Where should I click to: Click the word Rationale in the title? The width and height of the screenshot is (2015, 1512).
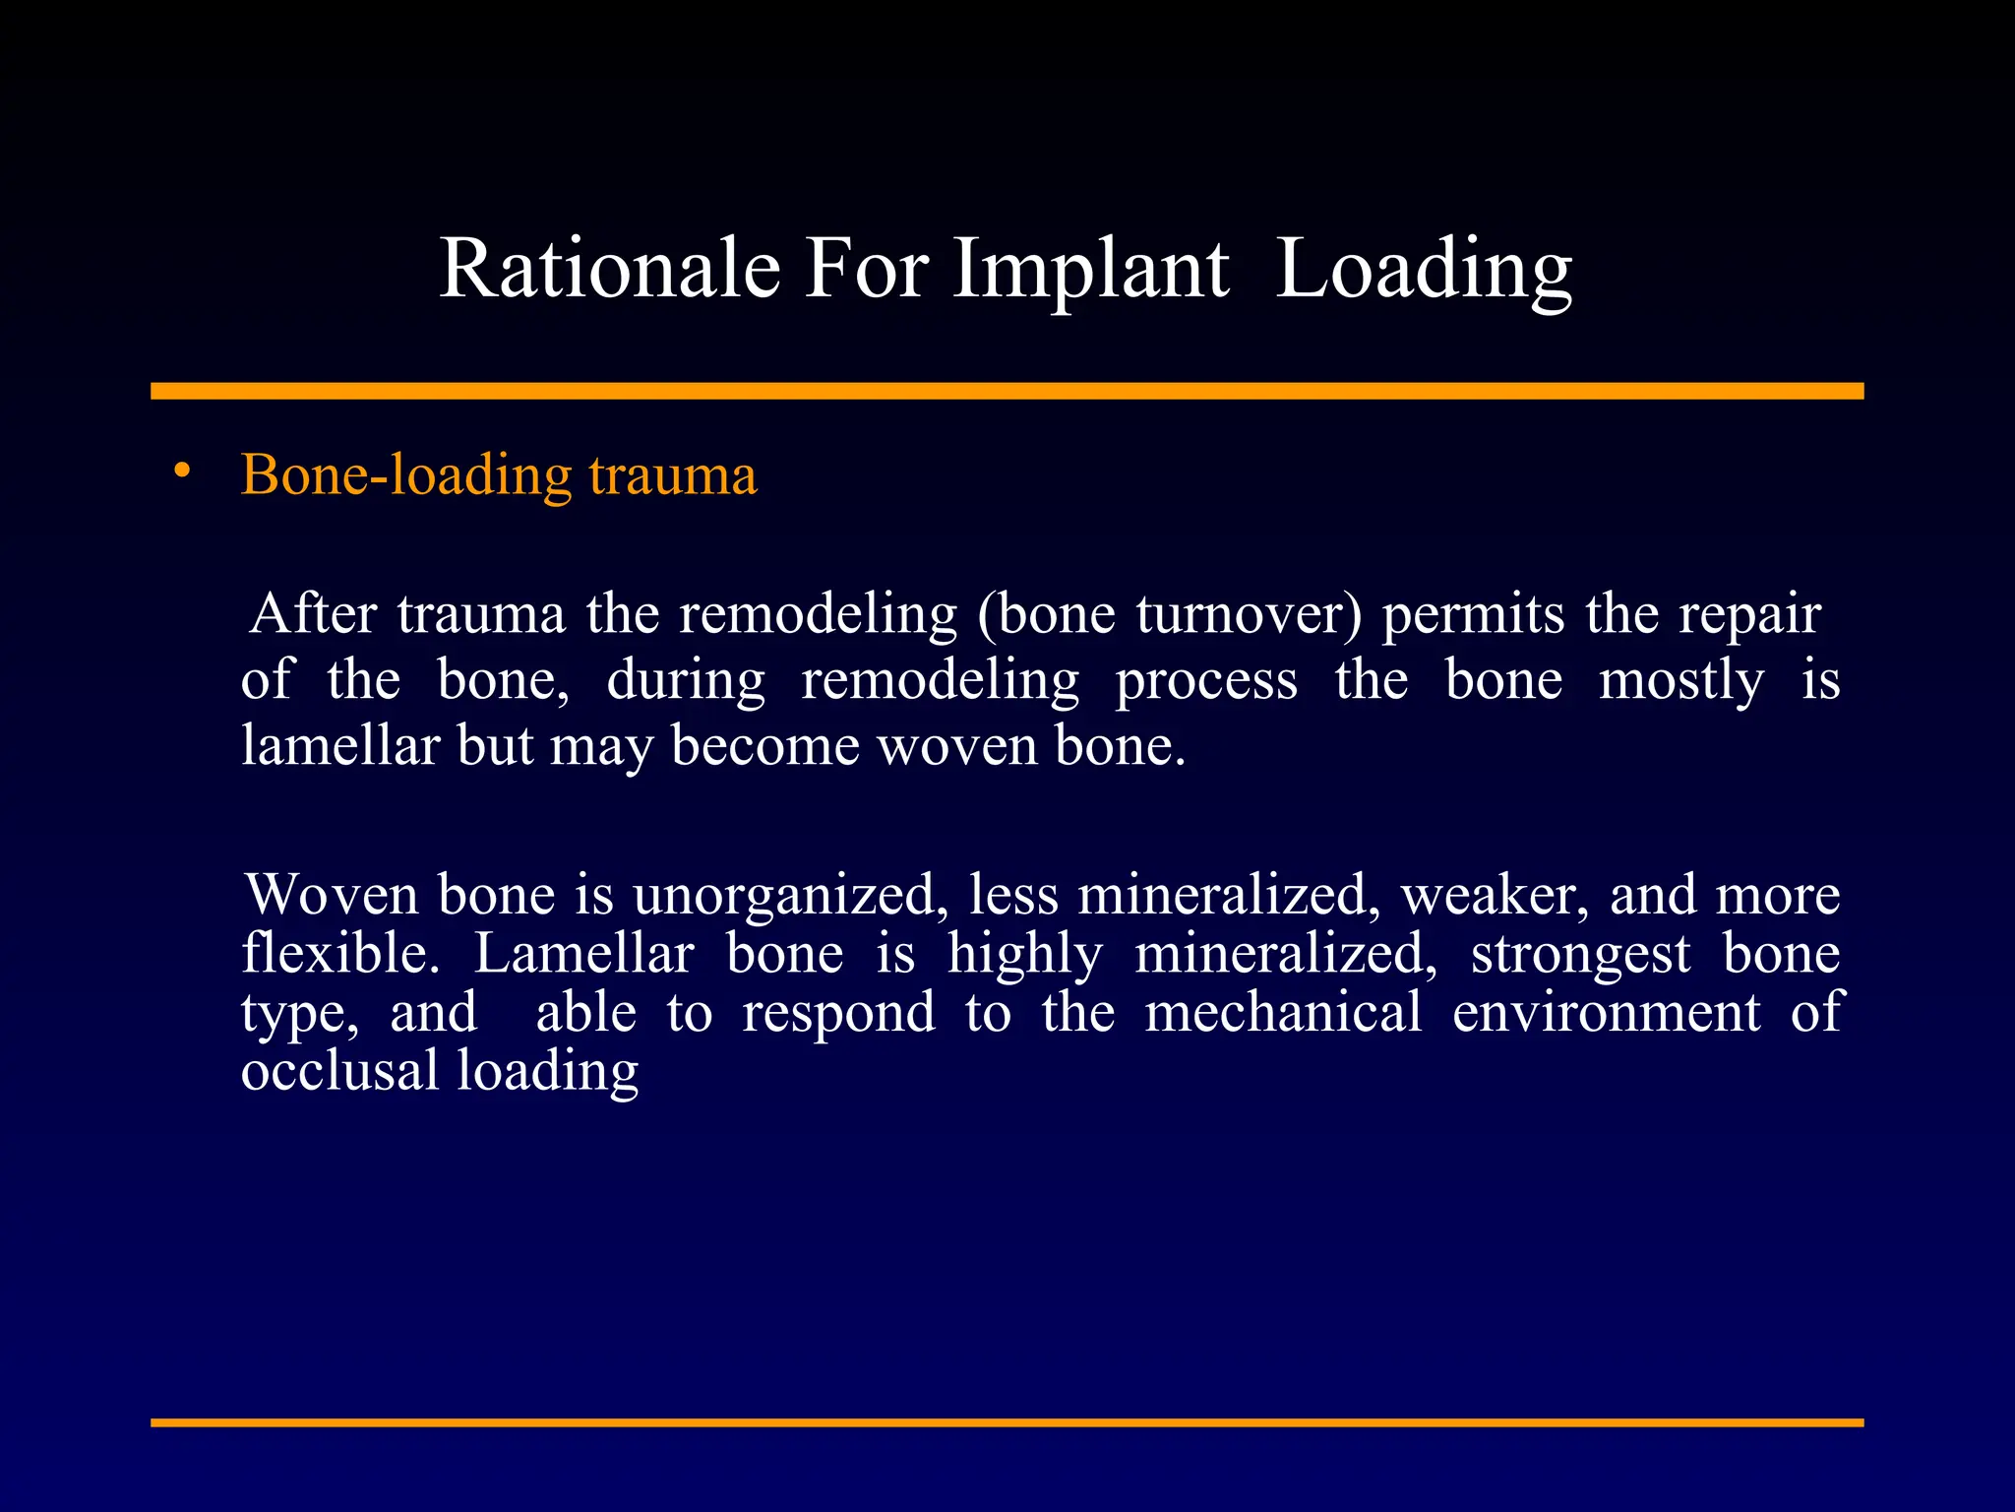[609, 269]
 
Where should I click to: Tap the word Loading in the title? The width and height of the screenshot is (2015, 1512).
[1424, 269]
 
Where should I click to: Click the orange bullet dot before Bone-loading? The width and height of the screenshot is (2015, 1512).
[181, 472]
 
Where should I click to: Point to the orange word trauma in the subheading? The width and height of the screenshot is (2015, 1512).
[673, 475]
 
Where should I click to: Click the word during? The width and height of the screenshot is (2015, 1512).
[686, 681]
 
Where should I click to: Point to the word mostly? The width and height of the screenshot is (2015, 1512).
[1680, 681]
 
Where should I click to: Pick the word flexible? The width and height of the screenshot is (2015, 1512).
[340, 955]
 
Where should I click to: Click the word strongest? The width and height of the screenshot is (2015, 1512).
[1580, 955]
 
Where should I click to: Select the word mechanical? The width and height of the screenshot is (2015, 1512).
[1283, 1013]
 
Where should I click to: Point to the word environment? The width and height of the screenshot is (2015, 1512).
[1606, 1013]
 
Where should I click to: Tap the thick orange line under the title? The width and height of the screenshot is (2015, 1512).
[1007, 391]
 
